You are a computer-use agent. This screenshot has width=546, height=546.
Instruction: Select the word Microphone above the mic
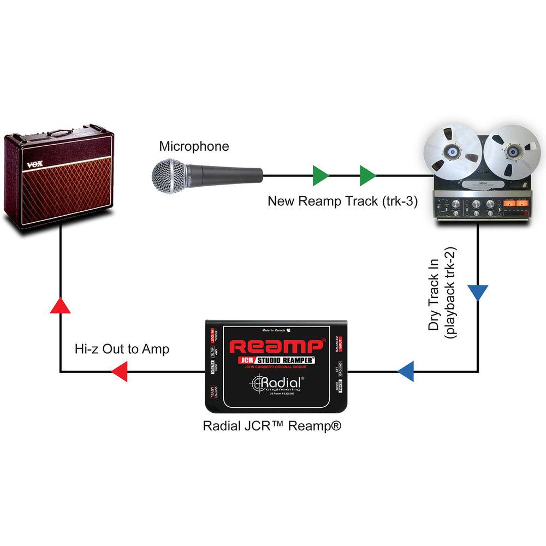(194, 146)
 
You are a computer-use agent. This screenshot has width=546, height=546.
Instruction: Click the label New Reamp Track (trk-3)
(342, 201)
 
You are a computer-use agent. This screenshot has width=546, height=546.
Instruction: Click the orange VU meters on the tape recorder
(516, 205)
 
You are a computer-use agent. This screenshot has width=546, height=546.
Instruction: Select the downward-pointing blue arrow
(478, 292)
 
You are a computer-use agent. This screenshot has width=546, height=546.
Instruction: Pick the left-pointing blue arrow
(406, 373)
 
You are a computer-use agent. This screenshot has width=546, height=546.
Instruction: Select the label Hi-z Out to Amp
(122, 349)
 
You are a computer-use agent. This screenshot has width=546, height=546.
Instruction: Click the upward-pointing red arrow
(60, 305)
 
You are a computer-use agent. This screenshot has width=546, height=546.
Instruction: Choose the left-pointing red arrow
(119, 373)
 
